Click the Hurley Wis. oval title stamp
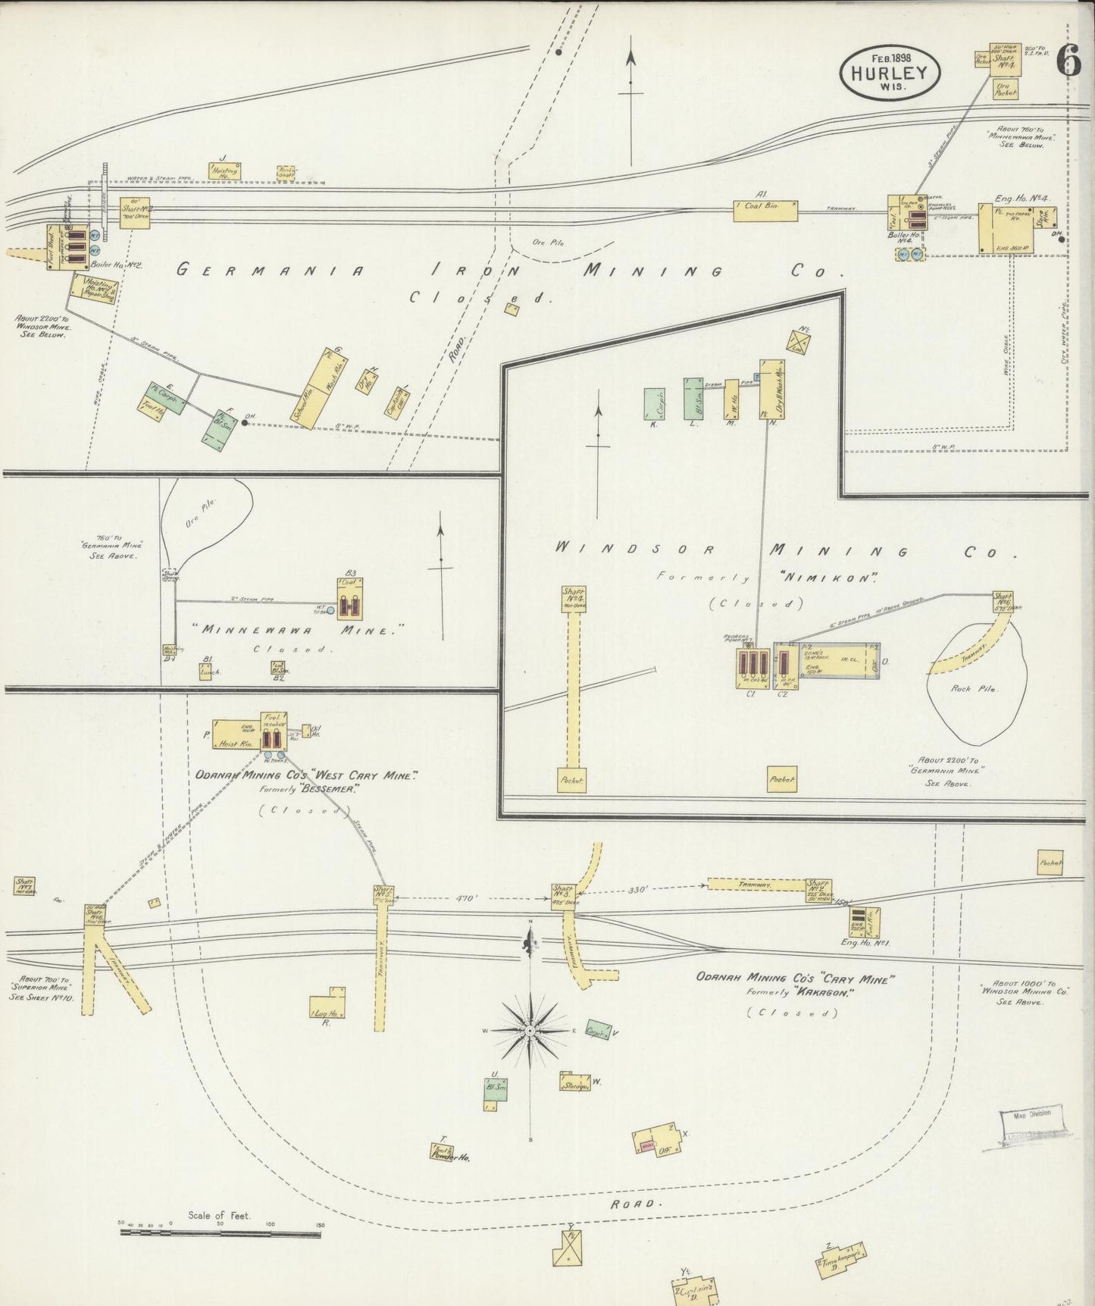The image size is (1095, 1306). point(889,73)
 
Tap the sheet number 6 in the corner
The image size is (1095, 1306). point(1069,60)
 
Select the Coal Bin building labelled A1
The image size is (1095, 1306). point(765,211)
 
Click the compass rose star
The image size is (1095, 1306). point(530,1031)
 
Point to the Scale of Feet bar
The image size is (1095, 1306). point(220,1231)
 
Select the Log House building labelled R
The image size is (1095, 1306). point(329,1005)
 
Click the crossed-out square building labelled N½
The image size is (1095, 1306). point(800,342)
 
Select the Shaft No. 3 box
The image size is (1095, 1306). point(564,895)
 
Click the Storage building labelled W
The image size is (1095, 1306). point(575,1082)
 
